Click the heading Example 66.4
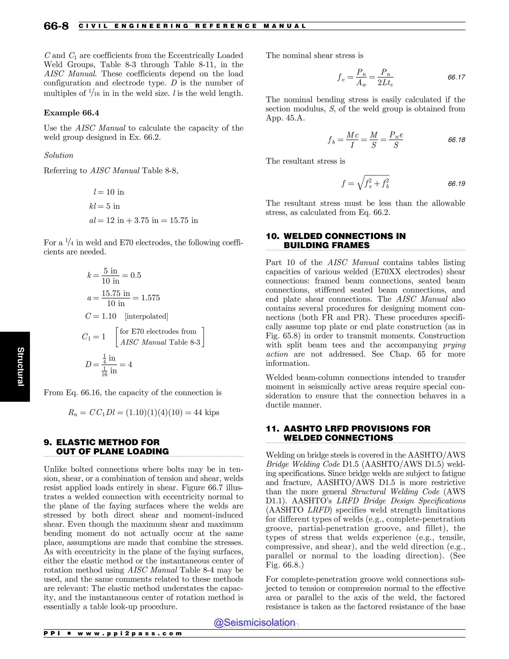(72, 113)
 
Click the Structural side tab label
(20, 366)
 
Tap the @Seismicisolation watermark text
(254, 622)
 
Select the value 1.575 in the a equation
(150, 298)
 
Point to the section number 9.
(48, 442)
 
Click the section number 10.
(272, 236)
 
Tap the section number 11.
(272, 428)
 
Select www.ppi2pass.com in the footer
(130, 633)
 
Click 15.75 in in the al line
(184, 220)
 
